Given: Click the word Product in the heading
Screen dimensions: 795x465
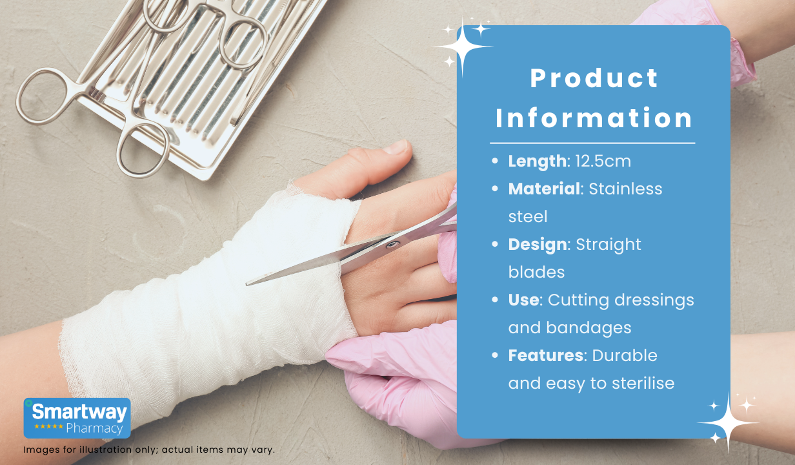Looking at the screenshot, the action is tap(594, 78).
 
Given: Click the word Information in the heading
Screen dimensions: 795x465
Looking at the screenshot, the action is tap(594, 118).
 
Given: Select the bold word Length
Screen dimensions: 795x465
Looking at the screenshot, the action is tap(537, 161).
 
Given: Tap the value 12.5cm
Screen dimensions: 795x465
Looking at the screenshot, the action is tap(603, 161).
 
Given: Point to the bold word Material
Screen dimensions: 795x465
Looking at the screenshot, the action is tap(544, 189).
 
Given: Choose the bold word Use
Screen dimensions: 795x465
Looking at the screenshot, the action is tap(523, 300).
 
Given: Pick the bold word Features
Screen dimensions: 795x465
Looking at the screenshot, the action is tap(545, 355).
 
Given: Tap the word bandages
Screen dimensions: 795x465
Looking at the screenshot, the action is tap(589, 328).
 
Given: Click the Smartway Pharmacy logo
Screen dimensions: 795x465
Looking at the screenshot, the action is tap(77, 418).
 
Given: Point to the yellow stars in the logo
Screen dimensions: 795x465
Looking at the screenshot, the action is tap(48, 426).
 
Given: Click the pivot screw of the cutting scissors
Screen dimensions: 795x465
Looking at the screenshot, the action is tap(393, 244).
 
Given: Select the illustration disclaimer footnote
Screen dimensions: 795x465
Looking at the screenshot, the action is tap(149, 449).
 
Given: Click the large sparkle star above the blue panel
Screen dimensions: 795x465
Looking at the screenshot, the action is tap(462, 46).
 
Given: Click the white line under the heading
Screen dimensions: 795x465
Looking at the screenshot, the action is tap(592, 143).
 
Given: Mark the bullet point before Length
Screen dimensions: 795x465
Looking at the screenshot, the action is tap(495, 161).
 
